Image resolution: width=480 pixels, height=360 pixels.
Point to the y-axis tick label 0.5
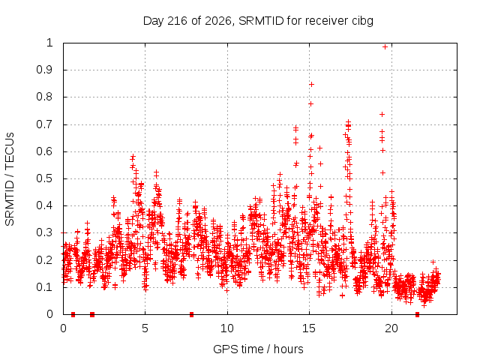(x=45, y=178)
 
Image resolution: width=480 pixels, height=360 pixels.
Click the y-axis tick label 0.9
(x=45, y=70)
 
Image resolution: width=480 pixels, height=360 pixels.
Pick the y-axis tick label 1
(x=50, y=43)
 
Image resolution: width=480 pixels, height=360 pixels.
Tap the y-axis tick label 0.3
(x=45, y=232)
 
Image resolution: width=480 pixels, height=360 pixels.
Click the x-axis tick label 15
(x=309, y=328)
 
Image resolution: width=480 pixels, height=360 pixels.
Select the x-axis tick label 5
(x=145, y=328)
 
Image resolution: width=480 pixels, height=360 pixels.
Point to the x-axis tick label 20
(x=391, y=328)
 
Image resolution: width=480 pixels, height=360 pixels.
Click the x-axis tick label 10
(x=227, y=328)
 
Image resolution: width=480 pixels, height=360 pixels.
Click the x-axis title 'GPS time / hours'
(x=258, y=349)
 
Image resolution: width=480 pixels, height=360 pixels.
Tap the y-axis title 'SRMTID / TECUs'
(x=10, y=179)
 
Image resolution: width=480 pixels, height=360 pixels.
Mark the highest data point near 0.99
(x=385, y=46)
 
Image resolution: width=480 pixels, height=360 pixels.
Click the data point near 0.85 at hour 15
(x=312, y=85)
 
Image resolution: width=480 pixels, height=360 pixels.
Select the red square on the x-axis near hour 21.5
(x=417, y=314)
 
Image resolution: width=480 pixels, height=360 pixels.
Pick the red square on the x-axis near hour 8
(x=192, y=314)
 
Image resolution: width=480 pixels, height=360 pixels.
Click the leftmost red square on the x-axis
(x=73, y=314)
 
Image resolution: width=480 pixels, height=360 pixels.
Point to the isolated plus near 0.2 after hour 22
(x=433, y=262)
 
